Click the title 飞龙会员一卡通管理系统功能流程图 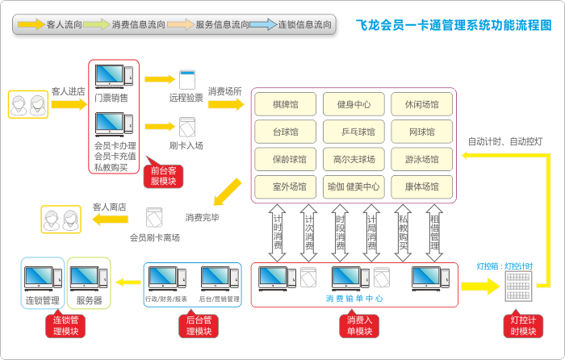click(x=454, y=24)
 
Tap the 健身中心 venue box click(x=354, y=105)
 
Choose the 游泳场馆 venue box click(x=421, y=159)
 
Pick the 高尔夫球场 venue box click(x=354, y=159)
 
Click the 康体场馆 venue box click(x=421, y=186)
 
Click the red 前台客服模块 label click(x=164, y=175)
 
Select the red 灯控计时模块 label click(x=524, y=325)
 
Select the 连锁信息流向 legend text click(x=299, y=25)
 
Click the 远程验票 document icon click(x=187, y=80)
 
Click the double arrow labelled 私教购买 click(x=403, y=233)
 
